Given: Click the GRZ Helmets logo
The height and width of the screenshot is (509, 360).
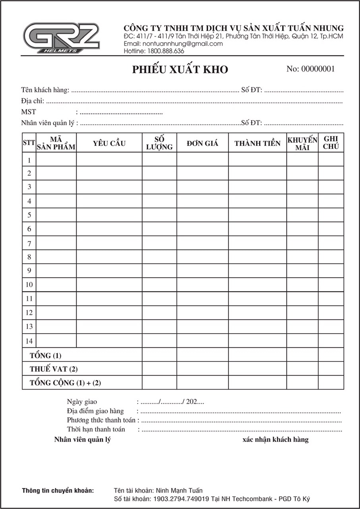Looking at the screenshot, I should [61, 38].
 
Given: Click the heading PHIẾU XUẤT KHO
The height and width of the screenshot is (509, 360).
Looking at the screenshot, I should [180, 70].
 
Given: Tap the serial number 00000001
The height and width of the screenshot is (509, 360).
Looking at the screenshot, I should [318, 69].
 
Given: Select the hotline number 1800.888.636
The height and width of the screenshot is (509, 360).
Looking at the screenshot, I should [166, 51].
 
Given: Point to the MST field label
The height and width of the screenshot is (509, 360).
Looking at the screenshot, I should [29, 112].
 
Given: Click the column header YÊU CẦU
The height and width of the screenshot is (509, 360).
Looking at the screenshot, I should [109, 144].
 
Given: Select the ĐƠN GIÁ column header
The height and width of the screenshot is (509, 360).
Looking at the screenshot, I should [202, 144].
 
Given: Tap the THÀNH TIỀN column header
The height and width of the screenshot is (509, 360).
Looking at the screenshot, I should [257, 144].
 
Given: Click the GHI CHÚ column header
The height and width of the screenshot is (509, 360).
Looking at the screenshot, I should [331, 143].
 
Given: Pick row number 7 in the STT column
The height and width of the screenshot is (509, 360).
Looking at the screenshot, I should [29, 243].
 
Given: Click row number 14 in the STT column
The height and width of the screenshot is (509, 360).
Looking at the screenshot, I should [29, 341].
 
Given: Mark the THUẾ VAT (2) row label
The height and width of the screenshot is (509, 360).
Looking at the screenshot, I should [54, 369].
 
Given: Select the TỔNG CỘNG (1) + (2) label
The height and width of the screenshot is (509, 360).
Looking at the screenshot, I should [66, 383].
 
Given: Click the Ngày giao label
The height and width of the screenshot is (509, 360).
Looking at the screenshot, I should [82, 402].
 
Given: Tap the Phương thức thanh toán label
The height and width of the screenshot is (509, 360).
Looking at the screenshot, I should [101, 420].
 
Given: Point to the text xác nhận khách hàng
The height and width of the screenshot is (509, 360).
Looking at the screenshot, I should [275, 439].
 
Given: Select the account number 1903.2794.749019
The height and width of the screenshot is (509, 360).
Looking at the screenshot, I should [181, 499].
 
